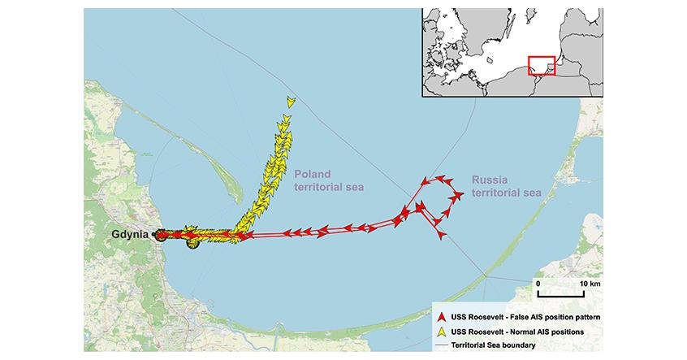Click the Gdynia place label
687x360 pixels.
130,234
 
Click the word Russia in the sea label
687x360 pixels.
489,180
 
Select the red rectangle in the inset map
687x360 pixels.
540,65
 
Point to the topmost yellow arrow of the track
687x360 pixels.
291,102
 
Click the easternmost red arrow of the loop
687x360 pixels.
459,194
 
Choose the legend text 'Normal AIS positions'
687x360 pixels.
543,330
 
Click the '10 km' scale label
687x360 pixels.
590,283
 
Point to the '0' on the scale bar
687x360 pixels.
538,283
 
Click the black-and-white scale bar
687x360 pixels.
563,293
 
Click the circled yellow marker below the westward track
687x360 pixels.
192,241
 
